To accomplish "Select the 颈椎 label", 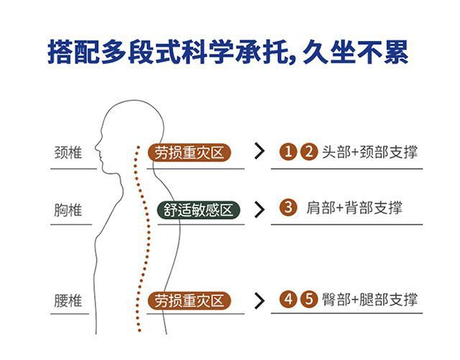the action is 68,153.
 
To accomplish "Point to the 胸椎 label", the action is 68,210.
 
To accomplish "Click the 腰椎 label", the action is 68,300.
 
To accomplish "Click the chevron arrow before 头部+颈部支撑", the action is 259,152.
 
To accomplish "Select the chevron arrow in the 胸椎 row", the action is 259,210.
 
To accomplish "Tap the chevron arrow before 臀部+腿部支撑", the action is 259,300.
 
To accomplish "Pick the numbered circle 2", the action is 308,152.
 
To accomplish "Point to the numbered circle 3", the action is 288,208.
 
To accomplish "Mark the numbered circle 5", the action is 308,300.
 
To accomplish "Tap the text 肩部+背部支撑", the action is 354,208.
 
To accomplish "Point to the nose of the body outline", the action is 95,152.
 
